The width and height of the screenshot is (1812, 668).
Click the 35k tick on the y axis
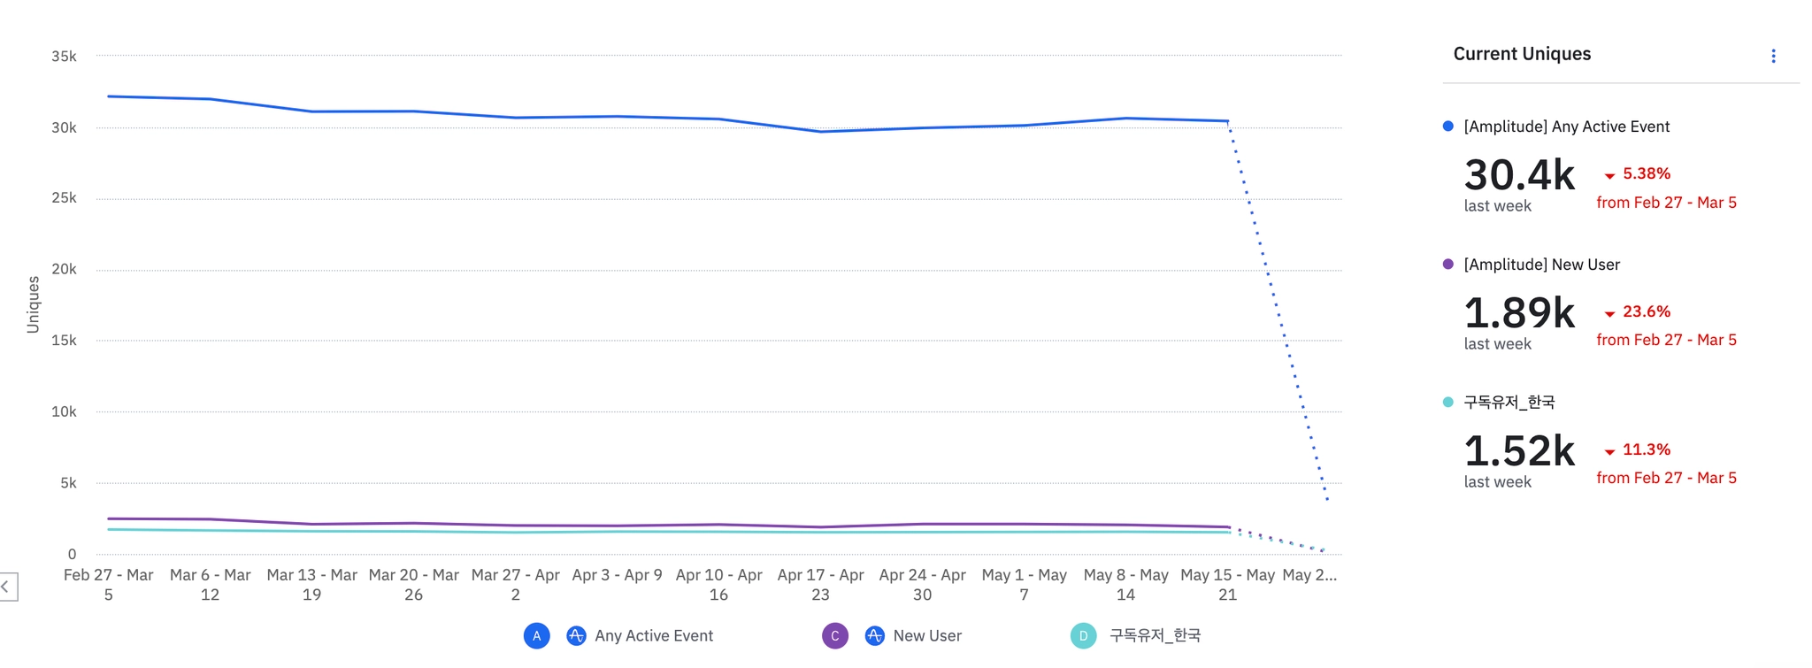64,57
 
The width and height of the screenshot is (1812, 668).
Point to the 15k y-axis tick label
64,341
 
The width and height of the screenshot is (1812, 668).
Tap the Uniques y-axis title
34,304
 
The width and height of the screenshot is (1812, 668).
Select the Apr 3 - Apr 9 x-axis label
617,575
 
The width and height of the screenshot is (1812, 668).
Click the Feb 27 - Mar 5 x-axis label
108,585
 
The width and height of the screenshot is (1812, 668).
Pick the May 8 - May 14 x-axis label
1125,585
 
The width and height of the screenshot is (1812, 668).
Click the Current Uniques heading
1522,54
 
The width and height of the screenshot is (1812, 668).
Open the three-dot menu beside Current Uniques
1773,57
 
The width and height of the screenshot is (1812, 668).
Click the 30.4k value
1519,175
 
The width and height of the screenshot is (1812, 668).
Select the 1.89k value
1519,313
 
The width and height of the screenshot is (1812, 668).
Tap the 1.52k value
1519,451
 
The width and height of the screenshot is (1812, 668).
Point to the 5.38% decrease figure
1646,174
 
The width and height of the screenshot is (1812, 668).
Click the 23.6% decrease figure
1646,312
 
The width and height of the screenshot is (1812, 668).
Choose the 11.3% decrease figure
1646,450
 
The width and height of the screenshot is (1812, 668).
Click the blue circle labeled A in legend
536,636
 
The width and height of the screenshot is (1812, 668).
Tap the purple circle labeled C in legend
834,636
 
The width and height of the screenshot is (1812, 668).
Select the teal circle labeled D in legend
1083,636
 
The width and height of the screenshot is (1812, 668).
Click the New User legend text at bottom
926,636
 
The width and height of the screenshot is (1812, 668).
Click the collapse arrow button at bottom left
7,587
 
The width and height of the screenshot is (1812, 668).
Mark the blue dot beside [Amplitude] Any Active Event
1447,127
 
